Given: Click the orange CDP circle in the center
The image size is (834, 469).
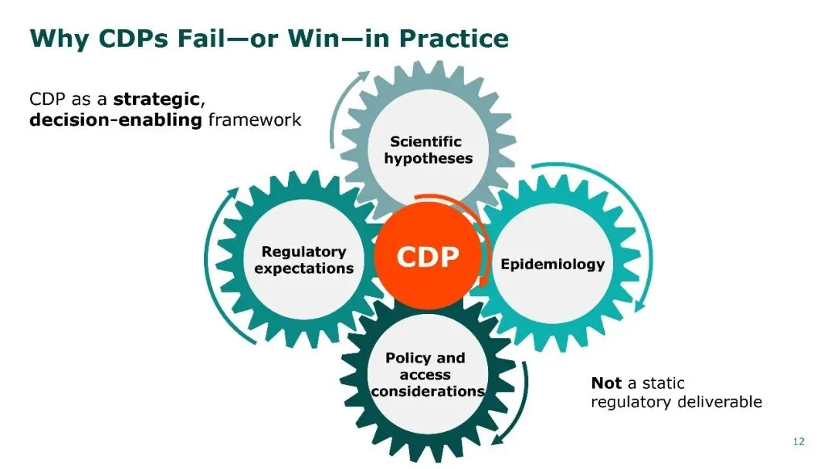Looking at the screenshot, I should coord(427,257).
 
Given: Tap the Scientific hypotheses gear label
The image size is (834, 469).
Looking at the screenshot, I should coord(428,150).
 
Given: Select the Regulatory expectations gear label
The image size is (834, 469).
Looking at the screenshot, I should coord(303,260).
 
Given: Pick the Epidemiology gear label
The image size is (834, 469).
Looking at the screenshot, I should coord(552,264).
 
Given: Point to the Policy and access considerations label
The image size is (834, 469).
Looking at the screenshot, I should coord(426,375).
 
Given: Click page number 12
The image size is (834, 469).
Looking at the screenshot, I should coord(798,441).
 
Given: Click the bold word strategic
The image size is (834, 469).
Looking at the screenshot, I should coord(158,100).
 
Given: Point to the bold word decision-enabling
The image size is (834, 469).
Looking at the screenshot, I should coord(115,120).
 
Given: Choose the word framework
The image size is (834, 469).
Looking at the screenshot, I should coord(255,120).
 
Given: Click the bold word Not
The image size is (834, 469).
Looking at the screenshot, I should coord(606,383).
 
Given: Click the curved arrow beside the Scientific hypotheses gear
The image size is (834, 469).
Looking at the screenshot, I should coord(340,104).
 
